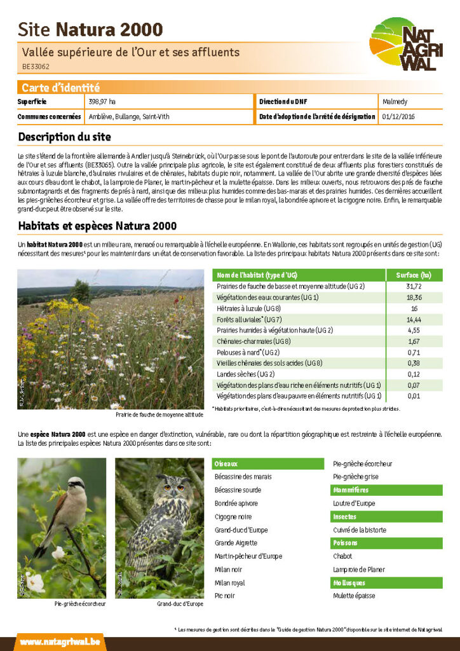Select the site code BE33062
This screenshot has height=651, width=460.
click(x=36, y=66)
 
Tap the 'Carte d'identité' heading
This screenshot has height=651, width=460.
click(x=60, y=88)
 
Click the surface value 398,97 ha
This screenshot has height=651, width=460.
click(x=102, y=102)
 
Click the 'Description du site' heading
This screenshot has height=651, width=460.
click(x=64, y=137)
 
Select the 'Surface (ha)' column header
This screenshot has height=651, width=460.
click(x=414, y=275)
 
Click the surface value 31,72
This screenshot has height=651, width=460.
click(x=414, y=287)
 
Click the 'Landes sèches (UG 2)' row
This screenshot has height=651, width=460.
click(x=242, y=374)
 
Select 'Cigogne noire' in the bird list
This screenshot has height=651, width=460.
click(x=233, y=517)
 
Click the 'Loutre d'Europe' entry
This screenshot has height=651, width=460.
click(x=354, y=504)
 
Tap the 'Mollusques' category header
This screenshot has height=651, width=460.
click(x=349, y=583)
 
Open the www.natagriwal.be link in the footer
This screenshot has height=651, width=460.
click(x=60, y=642)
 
